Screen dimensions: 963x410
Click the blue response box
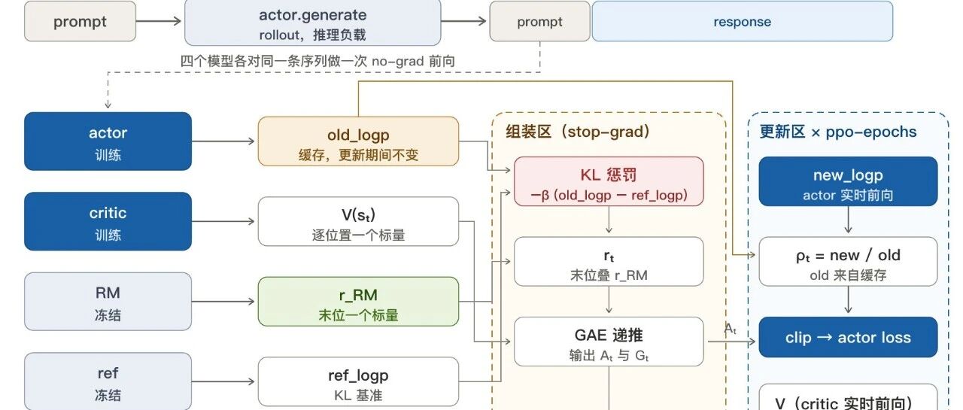point(742,21)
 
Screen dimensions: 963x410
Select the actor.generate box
point(312,23)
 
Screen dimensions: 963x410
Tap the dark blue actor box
point(108,141)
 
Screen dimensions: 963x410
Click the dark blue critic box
point(108,221)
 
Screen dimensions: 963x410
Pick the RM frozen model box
point(108,301)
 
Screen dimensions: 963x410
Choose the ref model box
point(108,381)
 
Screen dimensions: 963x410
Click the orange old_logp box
point(358,141)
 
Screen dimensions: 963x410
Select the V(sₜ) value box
point(358,221)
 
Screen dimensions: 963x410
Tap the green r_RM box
point(358,301)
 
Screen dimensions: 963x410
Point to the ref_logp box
point(358,381)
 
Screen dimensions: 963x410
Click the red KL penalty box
point(609,181)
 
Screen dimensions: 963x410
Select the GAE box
point(609,342)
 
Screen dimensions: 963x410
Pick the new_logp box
point(848,181)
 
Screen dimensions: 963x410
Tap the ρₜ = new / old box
point(848,261)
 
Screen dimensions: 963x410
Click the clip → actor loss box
point(848,337)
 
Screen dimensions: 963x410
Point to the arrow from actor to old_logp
point(223,141)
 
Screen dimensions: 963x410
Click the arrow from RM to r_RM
point(223,301)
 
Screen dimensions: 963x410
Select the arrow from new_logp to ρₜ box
point(848,220)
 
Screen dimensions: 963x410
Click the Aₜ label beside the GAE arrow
point(730,330)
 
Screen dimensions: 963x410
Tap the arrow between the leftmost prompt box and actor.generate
point(159,21)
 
